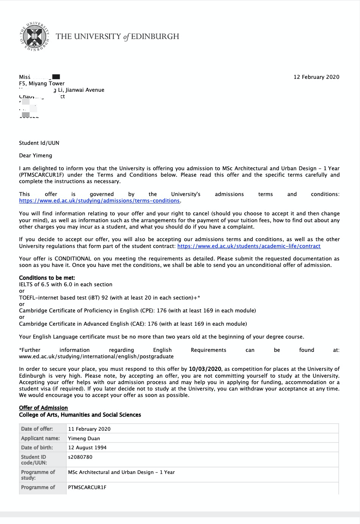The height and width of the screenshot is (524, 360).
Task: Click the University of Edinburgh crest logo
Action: click(x=35, y=37)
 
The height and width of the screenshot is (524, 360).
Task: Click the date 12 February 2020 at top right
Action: click(x=316, y=77)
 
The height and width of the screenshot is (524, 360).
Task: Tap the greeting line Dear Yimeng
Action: click(x=36, y=155)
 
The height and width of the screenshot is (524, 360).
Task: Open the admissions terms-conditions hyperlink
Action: click(x=99, y=201)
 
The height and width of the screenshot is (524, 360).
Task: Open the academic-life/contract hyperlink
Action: click(x=249, y=246)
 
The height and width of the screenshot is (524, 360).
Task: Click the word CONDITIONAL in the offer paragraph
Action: click(x=73, y=259)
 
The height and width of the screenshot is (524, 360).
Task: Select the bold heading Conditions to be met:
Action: click(x=47, y=278)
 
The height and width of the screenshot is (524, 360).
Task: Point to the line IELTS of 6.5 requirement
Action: click(x=66, y=284)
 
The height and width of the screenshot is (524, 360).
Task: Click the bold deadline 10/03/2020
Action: click(x=205, y=369)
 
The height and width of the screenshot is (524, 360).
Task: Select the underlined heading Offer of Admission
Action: click(x=43, y=408)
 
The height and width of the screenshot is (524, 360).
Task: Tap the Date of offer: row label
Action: click(x=37, y=429)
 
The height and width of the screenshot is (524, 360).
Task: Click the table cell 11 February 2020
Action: click(x=89, y=429)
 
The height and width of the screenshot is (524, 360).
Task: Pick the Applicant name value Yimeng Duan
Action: click(x=84, y=438)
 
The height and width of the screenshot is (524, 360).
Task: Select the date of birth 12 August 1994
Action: click(x=88, y=447)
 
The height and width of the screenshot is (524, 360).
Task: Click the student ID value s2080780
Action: click(x=80, y=457)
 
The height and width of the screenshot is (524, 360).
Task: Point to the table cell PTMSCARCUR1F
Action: click(x=87, y=487)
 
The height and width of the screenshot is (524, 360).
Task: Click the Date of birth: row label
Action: click(x=37, y=447)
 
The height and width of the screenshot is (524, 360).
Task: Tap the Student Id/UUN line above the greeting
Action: click(x=39, y=143)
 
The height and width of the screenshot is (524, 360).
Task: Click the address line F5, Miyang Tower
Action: click(x=42, y=83)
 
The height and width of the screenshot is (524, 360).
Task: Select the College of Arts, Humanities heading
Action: click(x=80, y=415)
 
